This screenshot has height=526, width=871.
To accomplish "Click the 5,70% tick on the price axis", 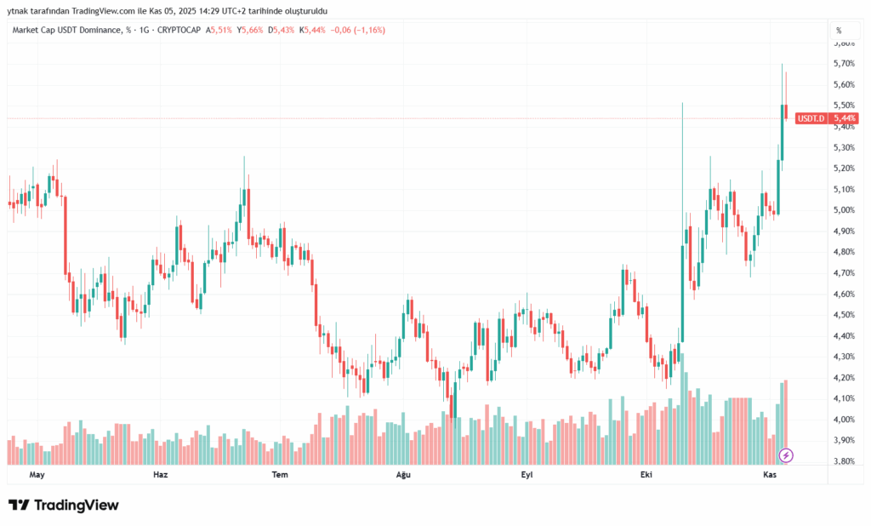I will point(844,63).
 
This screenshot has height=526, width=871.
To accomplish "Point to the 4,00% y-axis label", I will point(844,420).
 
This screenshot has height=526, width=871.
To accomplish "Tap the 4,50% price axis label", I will point(844,315).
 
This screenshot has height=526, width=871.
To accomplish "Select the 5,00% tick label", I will point(844,210).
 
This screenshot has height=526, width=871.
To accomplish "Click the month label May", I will point(37,475).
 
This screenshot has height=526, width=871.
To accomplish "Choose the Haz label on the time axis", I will point(160,475).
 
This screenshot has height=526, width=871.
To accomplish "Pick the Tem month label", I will point(278,475).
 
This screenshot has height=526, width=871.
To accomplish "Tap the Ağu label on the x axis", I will point(404,475).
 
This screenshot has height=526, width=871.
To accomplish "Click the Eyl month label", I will point(527,475).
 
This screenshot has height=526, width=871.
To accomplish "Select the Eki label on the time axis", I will point(646,475).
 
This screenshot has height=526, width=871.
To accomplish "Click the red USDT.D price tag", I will point(811,118).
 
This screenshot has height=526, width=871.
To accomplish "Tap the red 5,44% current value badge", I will point(845,118).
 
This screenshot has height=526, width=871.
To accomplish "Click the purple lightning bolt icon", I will point(786,455).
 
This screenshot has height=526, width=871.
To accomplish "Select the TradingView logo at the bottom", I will point(64,505).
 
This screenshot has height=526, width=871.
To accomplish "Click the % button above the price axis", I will point(839,30).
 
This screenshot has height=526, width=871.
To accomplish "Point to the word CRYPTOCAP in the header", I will point(179,30).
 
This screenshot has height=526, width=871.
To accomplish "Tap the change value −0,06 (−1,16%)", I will point(361,30).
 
